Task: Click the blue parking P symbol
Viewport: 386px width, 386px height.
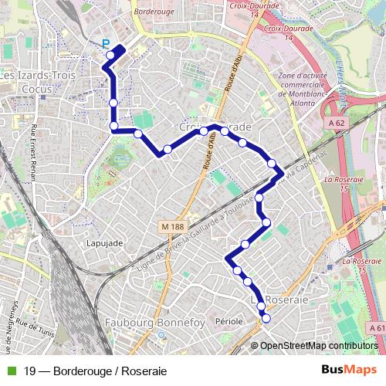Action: (x=106, y=45)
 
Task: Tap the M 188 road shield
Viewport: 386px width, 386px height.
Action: (x=174, y=225)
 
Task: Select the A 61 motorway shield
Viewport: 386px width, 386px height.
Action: (x=378, y=329)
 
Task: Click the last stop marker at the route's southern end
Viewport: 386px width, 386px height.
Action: (x=267, y=318)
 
